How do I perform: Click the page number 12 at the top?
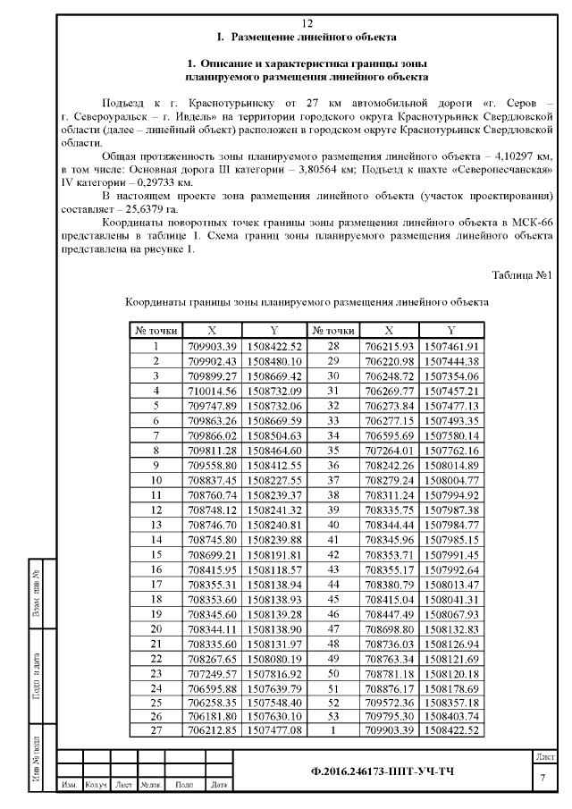[307, 23]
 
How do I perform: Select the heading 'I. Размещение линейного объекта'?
[307, 38]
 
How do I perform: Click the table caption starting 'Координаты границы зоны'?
[307, 302]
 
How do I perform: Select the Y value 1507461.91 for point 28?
[451, 346]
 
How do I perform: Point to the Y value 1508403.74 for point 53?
[451, 716]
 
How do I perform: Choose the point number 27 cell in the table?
[156, 731]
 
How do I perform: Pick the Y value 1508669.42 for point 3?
[275, 376]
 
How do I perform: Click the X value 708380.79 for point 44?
[387, 583]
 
